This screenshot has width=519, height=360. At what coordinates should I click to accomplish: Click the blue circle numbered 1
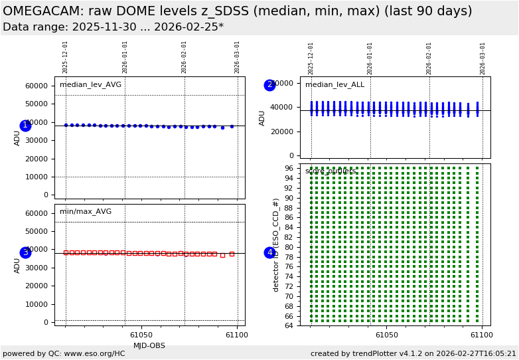click(x=25, y=126)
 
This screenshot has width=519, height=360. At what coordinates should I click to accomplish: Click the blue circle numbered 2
click(x=269, y=85)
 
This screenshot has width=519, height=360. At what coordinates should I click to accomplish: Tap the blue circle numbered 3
click(x=25, y=252)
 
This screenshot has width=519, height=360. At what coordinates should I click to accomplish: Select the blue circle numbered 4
click(x=269, y=252)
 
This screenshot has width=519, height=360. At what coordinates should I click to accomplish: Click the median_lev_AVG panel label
click(x=90, y=85)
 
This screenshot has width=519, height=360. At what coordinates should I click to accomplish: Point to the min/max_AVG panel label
click(x=86, y=212)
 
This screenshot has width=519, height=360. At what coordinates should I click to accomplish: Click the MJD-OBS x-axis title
click(x=149, y=345)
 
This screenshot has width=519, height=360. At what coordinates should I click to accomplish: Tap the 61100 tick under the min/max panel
click(x=236, y=335)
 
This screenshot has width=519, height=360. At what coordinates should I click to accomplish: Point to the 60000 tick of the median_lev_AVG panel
click(x=36, y=86)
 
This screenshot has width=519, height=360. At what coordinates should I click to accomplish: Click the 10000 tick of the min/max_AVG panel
click(x=36, y=304)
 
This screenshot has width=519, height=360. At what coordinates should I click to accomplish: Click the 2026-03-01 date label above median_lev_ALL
click(x=483, y=58)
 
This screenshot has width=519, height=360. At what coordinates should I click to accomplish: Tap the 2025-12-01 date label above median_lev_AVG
click(x=66, y=57)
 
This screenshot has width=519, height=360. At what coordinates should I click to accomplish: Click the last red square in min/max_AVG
click(x=232, y=254)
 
